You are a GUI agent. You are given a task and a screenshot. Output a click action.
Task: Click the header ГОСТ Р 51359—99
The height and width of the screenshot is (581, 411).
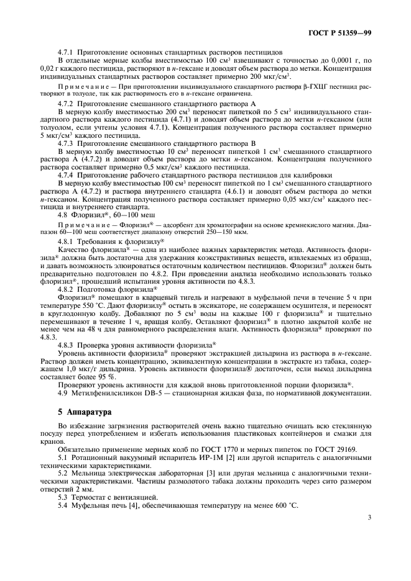pos(344,31)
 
